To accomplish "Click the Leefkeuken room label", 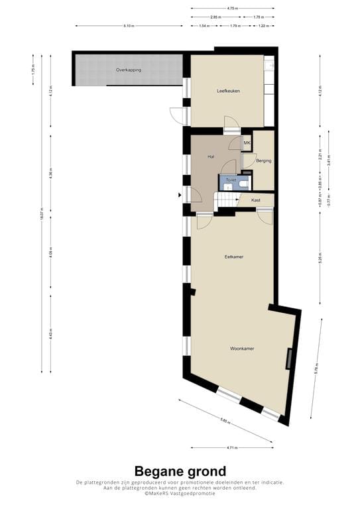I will point(227,91).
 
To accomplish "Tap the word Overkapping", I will point(128,70).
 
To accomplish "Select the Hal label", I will point(210,156).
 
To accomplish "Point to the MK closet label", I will point(247,143).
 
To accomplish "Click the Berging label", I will point(263,160).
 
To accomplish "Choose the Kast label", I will point(255,199).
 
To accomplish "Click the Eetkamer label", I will point(233,256).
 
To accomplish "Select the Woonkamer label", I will point(242,348).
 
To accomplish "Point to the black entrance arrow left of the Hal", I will point(179,195).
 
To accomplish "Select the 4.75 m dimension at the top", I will point(231,9).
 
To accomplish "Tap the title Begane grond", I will point(180,471).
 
